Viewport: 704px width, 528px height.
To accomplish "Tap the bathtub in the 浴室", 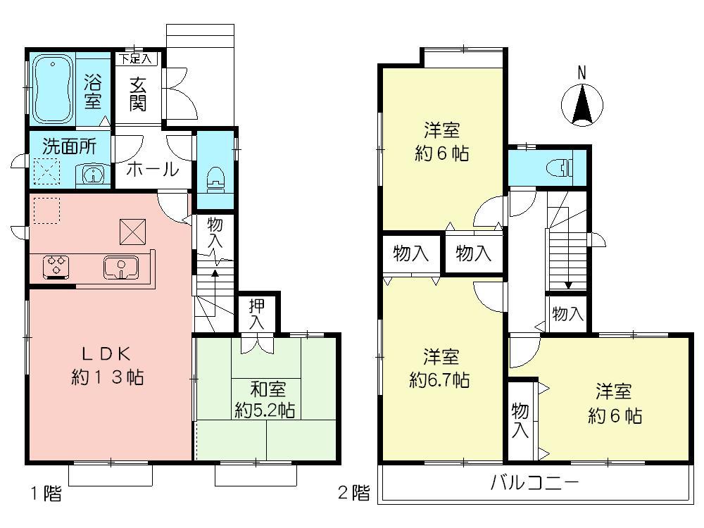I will point(54,89).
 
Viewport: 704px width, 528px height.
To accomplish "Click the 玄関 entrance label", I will point(137,94).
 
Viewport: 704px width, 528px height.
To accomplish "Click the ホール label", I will point(151,169).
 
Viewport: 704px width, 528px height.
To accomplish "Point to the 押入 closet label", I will point(257,313).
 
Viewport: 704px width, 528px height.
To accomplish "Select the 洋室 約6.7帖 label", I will point(440,368).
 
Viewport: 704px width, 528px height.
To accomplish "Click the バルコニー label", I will point(534,484).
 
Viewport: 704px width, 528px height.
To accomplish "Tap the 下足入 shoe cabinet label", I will point(137,58).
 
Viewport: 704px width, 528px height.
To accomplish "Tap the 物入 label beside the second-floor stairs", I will point(567,314).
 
